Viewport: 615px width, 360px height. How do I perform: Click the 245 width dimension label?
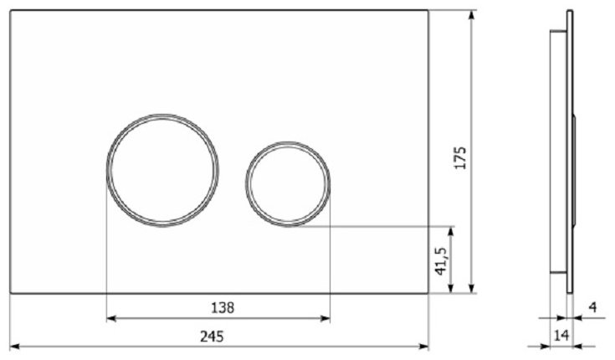click(212, 337)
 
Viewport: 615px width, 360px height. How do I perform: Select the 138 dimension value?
click(223, 308)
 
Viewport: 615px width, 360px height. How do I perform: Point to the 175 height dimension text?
click(460, 158)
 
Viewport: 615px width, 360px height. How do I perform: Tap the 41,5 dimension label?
click(441, 261)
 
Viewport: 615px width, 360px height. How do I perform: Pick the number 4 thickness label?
click(593, 307)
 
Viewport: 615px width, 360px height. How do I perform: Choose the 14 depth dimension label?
click(561, 335)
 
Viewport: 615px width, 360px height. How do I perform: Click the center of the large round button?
click(163, 171)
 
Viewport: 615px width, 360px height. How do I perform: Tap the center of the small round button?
click(288, 183)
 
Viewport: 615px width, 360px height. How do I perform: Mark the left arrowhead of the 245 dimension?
click(14, 347)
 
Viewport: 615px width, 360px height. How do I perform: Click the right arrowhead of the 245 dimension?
click(423, 347)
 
